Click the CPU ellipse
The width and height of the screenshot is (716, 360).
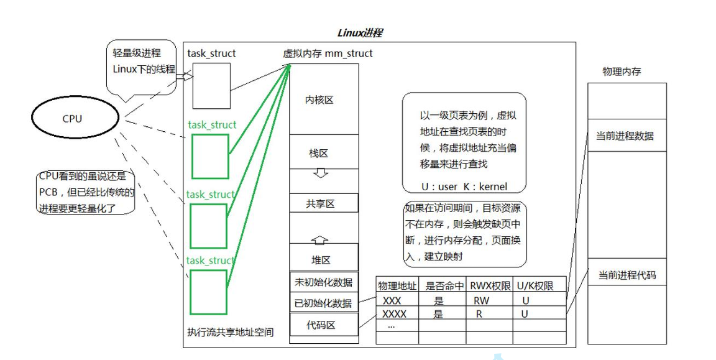point(72,118)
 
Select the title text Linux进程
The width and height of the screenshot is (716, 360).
point(359,32)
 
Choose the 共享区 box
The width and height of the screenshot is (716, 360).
point(324,203)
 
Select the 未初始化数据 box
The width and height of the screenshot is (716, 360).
point(324,282)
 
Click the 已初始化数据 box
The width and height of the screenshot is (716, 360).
point(324,303)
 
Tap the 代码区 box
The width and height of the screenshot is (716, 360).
point(324,324)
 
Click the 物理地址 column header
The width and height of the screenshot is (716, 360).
point(397,286)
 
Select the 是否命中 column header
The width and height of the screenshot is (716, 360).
point(443,286)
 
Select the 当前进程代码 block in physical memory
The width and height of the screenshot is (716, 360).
point(626,275)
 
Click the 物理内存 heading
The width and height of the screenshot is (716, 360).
point(622,72)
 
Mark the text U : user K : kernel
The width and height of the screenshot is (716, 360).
point(464,187)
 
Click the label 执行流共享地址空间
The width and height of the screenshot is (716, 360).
point(230,332)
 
